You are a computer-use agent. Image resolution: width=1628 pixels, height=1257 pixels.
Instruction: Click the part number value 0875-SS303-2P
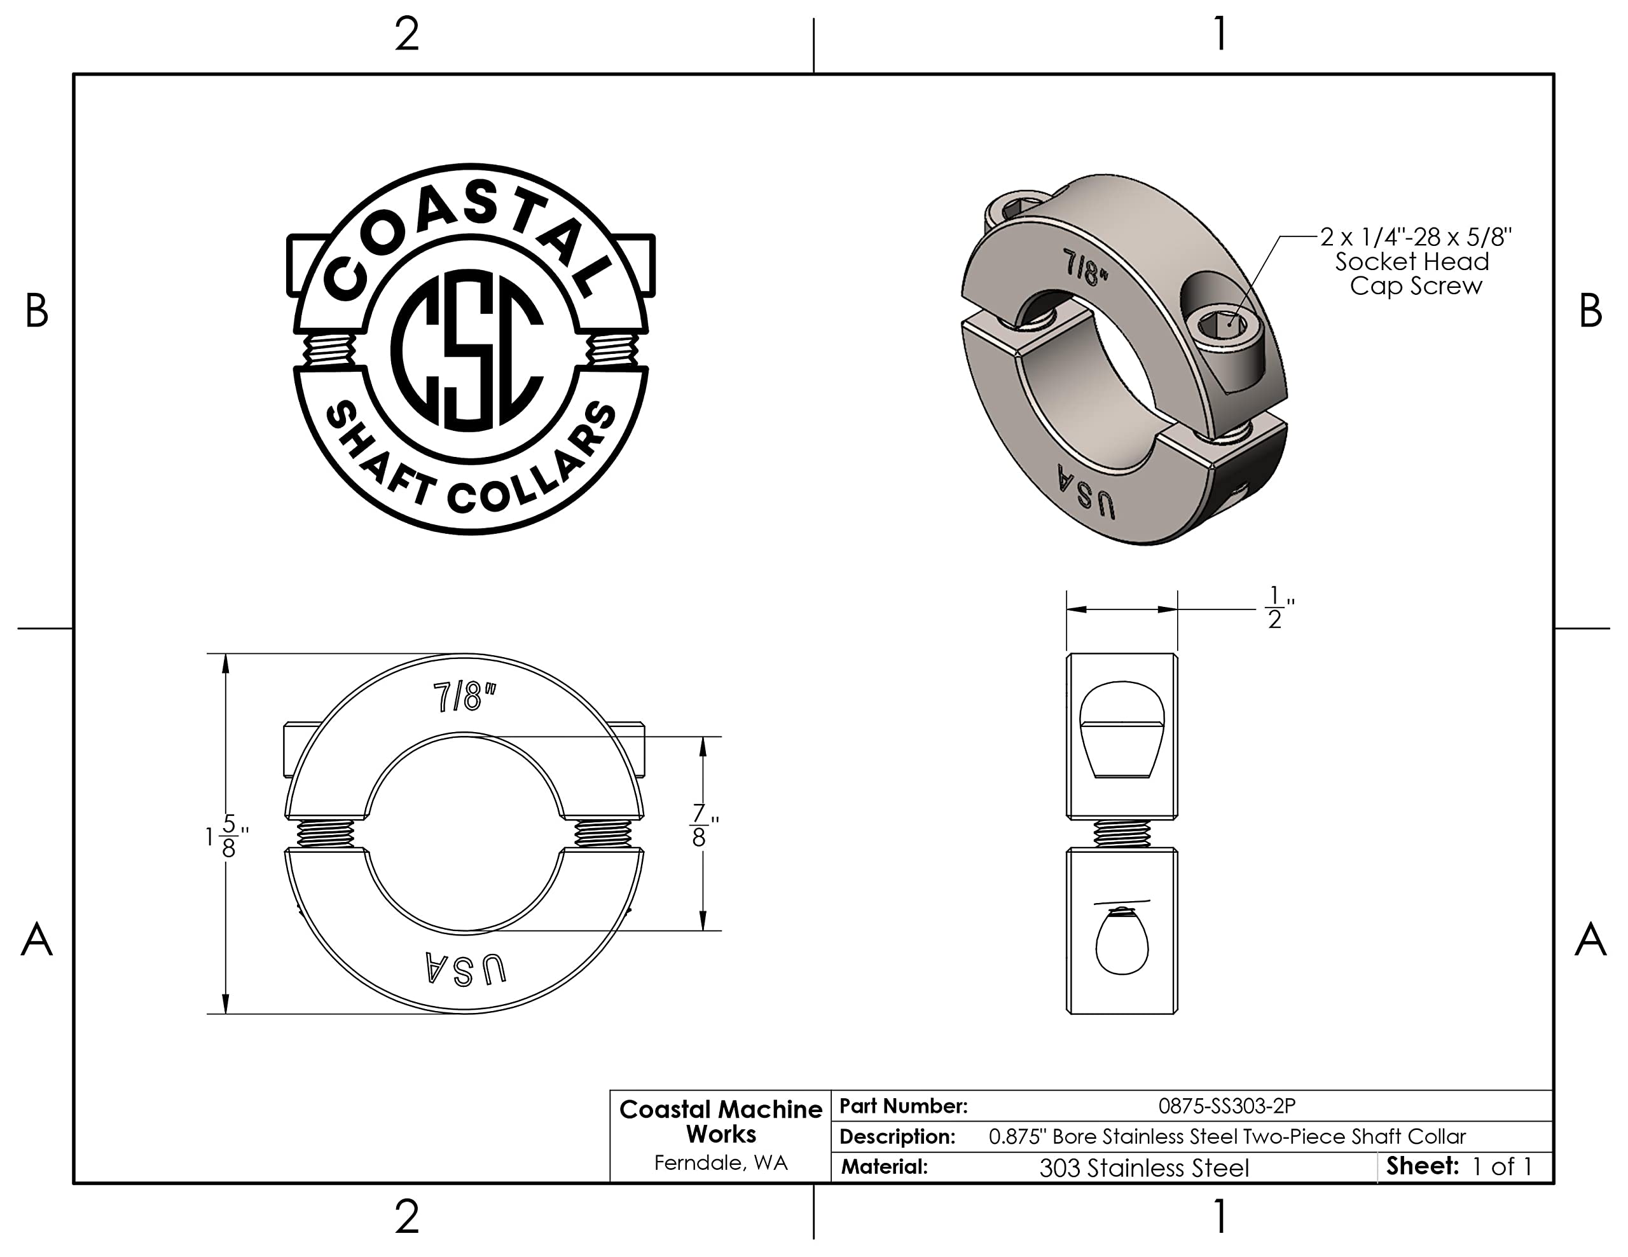pyautogui.click(x=1227, y=1106)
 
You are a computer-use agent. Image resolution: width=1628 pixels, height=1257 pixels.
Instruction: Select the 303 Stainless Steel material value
pyautogui.click(x=1144, y=1167)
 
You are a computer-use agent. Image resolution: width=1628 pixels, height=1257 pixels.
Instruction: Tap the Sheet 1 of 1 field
pyautogui.click(x=1459, y=1166)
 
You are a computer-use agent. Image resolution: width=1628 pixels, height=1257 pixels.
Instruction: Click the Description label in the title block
pyautogui.click(x=897, y=1136)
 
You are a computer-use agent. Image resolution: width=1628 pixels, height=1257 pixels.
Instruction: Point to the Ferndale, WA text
pyautogui.click(x=721, y=1163)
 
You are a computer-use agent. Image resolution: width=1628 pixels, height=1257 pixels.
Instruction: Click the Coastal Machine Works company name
pyautogui.click(x=721, y=1122)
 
